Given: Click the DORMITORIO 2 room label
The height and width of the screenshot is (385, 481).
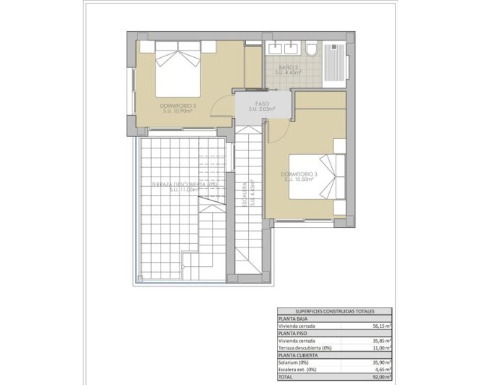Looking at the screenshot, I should (x=180, y=109).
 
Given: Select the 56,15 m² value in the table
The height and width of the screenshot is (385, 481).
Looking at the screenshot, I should (x=380, y=326).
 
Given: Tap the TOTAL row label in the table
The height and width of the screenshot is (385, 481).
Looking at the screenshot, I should (x=287, y=377).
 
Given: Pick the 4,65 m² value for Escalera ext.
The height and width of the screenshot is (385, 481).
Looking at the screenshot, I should (x=381, y=370).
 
